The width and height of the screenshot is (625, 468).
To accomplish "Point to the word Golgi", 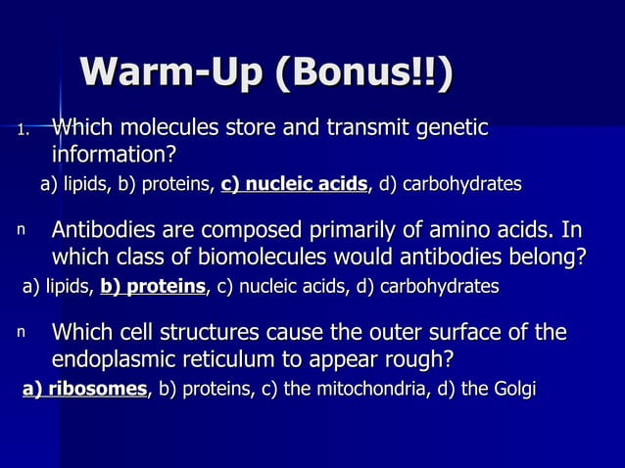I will click(x=513, y=389).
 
